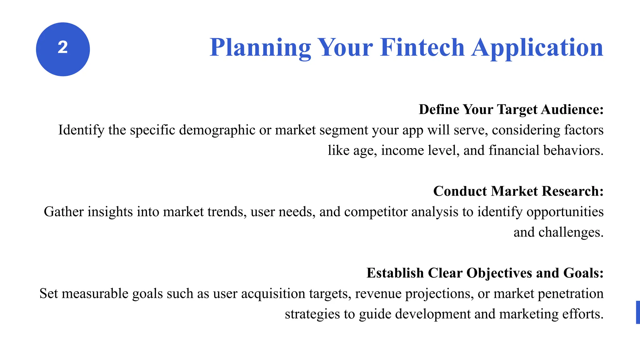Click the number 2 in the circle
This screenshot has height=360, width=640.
click(63, 48)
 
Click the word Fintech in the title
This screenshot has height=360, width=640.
click(422, 47)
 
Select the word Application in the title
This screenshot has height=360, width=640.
click(537, 47)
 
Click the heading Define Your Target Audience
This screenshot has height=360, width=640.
click(511, 110)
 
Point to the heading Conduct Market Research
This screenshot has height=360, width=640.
click(518, 191)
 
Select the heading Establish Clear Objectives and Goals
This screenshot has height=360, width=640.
click(485, 273)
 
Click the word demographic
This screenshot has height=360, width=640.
click(217, 130)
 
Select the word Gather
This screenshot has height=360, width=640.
click(64, 212)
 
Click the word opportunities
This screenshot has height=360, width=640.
click(565, 212)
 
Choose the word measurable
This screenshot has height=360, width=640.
click(95, 294)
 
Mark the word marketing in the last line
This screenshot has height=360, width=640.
click(529, 314)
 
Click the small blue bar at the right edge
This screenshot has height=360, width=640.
click(638, 312)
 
